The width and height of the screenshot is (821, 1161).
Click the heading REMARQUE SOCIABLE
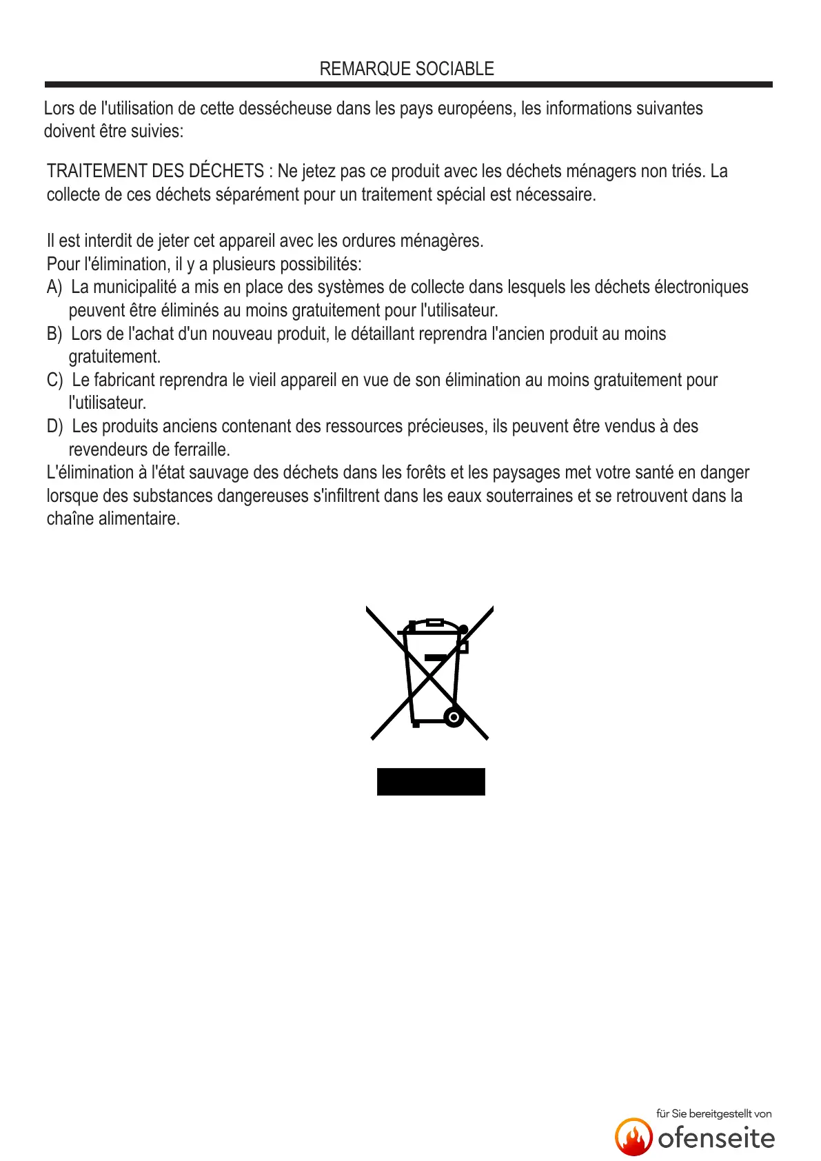[x=407, y=69]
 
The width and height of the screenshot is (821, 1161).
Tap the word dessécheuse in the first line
[x=280, y=108]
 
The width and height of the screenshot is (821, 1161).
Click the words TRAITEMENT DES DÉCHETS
[x=155, y=171]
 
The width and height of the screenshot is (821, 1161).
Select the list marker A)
[x=54, y=287]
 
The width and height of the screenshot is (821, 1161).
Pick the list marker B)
[x=54, y=334]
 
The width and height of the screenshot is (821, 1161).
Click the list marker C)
[x=54, y=380]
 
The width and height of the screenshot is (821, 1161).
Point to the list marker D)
[x=54, y=426]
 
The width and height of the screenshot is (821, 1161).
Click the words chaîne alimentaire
[x=113, y=518]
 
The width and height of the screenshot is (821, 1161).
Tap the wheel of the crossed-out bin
[x=454, y=717]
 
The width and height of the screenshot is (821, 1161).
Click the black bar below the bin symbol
[x=431, y=782]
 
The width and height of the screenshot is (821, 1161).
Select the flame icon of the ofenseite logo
[x=634, y=1137]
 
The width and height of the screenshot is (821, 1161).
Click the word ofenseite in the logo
[x=716, y=1138]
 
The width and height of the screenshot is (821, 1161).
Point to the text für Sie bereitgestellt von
[x=713, y=1113]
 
